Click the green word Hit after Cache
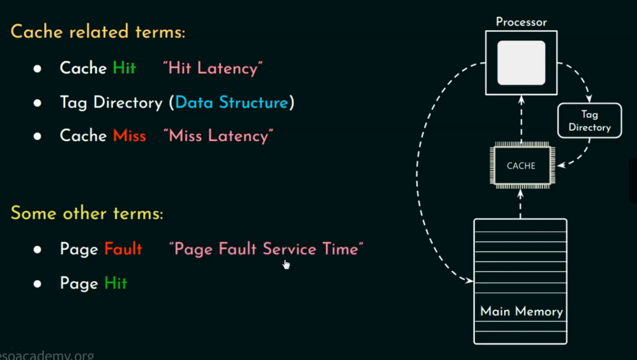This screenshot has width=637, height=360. point(124,68)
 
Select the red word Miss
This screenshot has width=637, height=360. point(129,136)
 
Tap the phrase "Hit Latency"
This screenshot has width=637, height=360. point(212,68)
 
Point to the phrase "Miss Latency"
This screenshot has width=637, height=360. point(218,136)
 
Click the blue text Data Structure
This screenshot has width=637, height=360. point(231,103)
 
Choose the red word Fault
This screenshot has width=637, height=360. point(123,249)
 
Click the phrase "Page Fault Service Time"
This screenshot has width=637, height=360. point(266,249)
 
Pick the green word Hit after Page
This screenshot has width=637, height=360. point(116,283)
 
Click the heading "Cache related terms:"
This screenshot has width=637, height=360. point(98,32)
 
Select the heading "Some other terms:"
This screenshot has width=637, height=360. point(87,213)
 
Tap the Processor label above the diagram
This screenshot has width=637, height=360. point(521,22)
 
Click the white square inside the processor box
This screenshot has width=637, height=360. point(521,63)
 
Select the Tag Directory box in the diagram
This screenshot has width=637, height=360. point(589,121)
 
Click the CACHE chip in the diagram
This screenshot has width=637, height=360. point(521,166)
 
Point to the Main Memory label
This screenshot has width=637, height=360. point(521,312)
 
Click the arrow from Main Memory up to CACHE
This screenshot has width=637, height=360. point(521,204)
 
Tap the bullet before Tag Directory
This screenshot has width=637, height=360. point(38,103)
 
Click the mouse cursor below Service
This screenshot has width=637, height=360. point(286,264)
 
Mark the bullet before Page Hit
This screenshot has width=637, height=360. point(38,283)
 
